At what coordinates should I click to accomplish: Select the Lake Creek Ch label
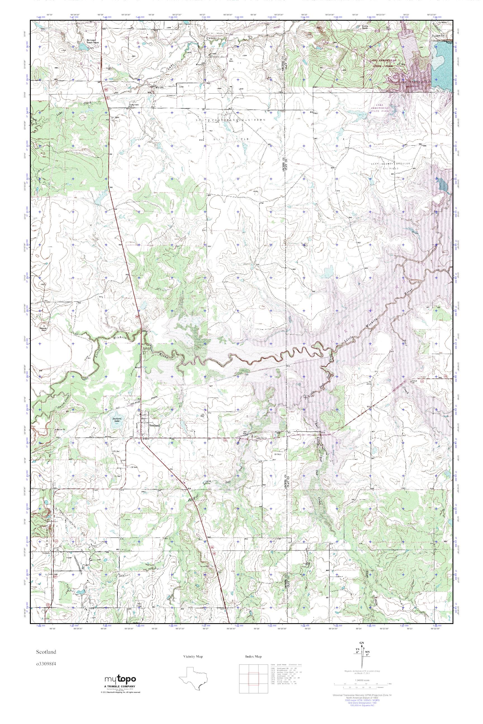coord(135,105)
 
